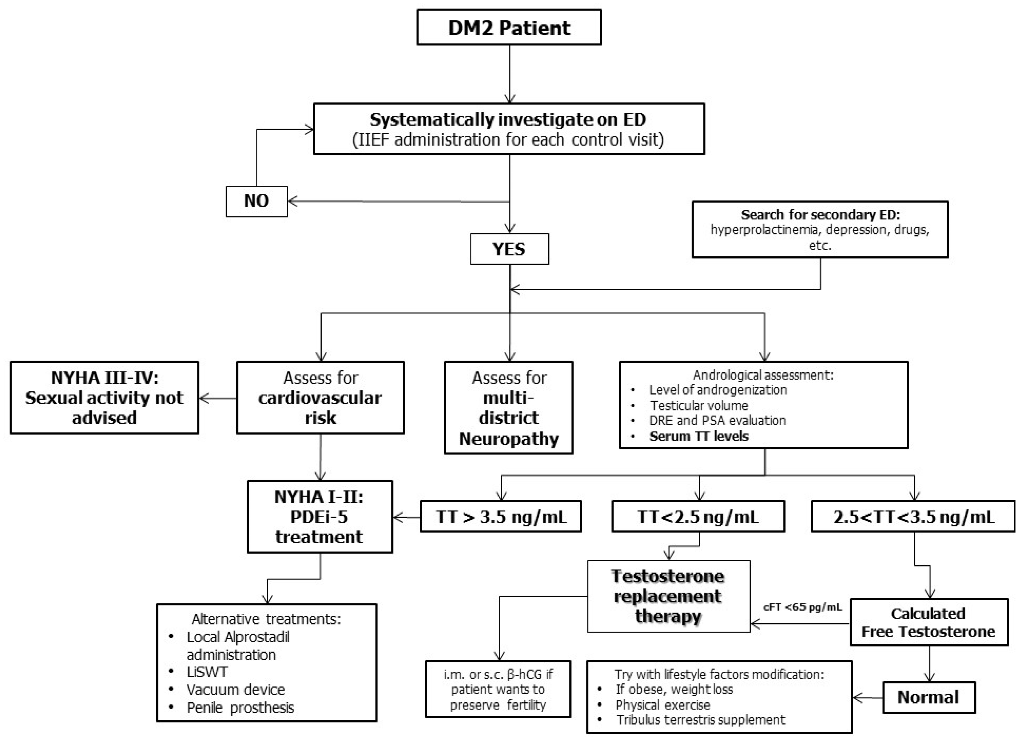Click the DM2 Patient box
tap(509, 28)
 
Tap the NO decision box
tap(256, 201)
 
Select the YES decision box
tap(509, 249)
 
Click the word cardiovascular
tap(320, 398)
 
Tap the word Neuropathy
tap(509, 438)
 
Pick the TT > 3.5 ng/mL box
tap(500, 516)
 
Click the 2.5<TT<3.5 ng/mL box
tap(913, 516)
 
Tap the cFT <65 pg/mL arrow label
tap(802, 607)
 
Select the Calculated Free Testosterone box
tap(928, 622)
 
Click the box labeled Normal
tap(928, 697)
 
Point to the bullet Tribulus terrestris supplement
tap(700, 720)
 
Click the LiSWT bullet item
tap(207, 672)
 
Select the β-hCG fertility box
tap(498, 689)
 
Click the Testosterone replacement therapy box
tap(668, 596)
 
